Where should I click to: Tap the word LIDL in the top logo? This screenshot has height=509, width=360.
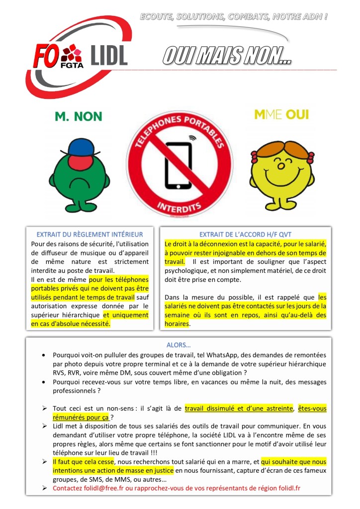point(109,55)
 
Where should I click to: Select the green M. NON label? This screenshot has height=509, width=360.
point(79,116)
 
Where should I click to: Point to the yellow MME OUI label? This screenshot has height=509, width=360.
point(281,115)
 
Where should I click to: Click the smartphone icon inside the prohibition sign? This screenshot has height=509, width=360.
point(181,164)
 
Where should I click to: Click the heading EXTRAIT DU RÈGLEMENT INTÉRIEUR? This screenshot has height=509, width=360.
point(90,234)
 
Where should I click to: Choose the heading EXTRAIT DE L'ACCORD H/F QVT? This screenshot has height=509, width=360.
point(245,234)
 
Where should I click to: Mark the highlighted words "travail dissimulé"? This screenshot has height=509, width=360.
point(212,409)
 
